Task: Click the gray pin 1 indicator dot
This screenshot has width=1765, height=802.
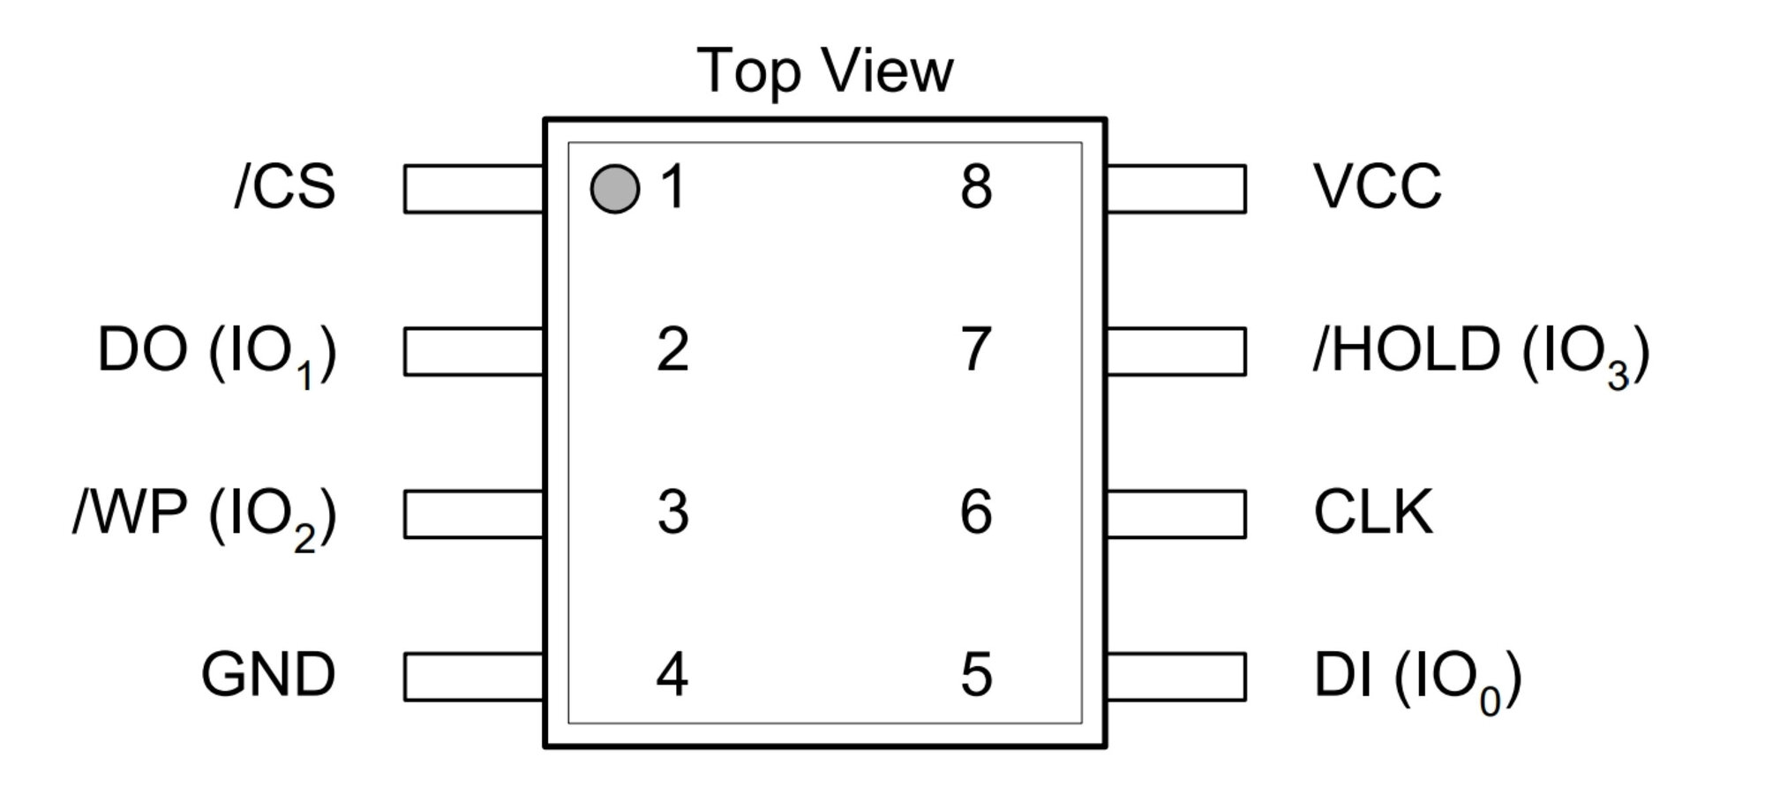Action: pyautogui.click(x=614, y=189)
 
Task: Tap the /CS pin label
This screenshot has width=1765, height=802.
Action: pyautogui.click(x=285, y=187)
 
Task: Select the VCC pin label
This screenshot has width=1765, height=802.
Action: pyautogui.click(x=1377, y=187)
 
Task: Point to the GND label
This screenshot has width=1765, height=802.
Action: pyautogui.click(x=268, y=675)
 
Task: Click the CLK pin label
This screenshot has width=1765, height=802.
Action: pyautogui.click(x=1373, y=512)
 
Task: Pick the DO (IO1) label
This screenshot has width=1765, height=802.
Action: pyautogui.click(x=217, y=354)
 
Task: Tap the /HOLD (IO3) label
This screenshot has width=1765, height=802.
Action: pyautogui.click(x=1481, y=354)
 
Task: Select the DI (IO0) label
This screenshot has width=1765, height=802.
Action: pyautogui.click(x=1418, y=681)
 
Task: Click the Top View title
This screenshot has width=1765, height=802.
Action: pyautogui.click(x=825, y=71)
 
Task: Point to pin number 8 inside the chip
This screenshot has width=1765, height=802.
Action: pyautogui.click(x=976, y=187)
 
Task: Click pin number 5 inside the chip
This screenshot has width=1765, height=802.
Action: pyautogui.click(x=976, y=676)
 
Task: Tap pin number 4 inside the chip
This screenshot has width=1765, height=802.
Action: pyautogui.click(x=672, y=676)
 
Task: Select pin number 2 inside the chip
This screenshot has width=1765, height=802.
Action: pyautogui.click(x=672, y=350)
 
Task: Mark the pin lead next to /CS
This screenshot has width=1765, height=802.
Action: pyautogui.click(x=474, y=189)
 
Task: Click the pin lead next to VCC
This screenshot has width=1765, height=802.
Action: pyautogui.click(x=1175, y=189)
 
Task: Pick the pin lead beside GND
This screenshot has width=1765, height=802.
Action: pyautogui.click(x=474, y=677)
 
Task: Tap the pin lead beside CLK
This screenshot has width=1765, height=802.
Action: pyautogui.click(x=1175, y=514)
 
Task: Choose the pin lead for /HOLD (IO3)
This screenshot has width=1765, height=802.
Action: pyautogui.click(x=1175, y=351)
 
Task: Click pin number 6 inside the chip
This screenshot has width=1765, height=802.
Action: pyautogui.click(x=976, y=513)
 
